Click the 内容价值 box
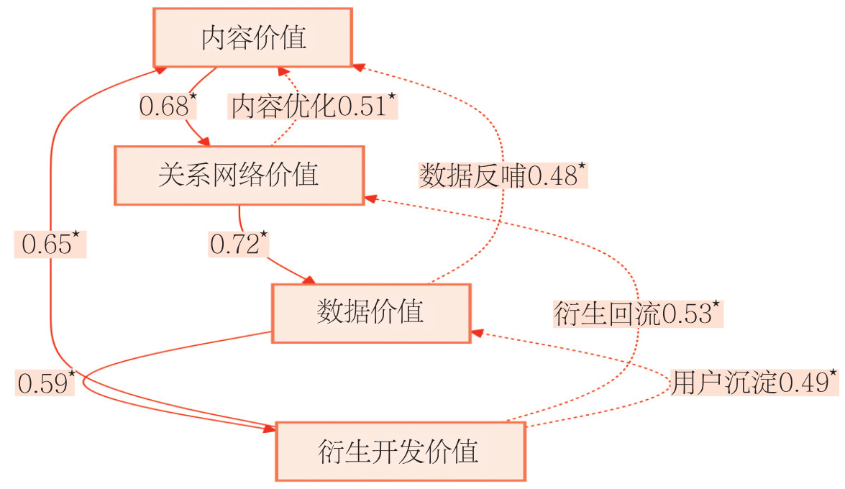pos(252,38)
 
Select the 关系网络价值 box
pos(239,175)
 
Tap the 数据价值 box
pos(370,312)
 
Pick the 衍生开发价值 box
pos(399,452)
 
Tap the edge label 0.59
pos(45,383)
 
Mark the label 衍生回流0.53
pos(636,314)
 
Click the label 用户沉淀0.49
pos(753,383)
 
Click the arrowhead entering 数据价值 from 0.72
pos(311,280)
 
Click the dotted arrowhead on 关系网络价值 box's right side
pos(370,198)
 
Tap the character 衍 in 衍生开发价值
pos(329,452)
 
